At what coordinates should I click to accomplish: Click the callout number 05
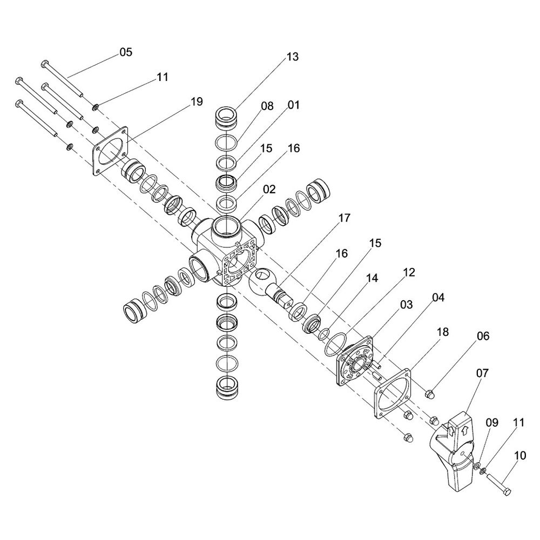(125, 52)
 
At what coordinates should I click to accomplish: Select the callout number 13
(292, 57)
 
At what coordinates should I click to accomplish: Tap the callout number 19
(196, 102)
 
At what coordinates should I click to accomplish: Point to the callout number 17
(344, 218)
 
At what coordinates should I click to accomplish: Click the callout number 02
(269, 190)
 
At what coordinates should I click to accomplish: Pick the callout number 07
(482, 373)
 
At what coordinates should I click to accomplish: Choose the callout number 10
(519, 456)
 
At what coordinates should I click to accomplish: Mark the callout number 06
(482, 336)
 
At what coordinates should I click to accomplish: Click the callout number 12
(409, 272)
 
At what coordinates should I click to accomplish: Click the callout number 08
(268, 106)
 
